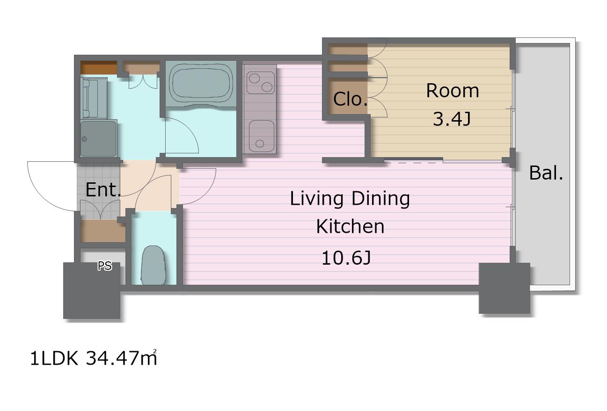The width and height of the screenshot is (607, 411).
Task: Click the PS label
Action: coord(105,266)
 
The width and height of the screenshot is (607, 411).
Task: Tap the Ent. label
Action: coord(103,190)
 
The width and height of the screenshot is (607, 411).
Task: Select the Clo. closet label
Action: coord(350,99)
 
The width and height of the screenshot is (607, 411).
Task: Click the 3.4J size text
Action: coord(452,119)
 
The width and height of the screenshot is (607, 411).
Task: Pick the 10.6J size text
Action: coord(346,258)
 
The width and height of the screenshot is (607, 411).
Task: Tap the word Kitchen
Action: coord(350,226)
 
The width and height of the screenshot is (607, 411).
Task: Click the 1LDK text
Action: coord(54,358)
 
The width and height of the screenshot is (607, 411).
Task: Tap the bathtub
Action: coord(201,84)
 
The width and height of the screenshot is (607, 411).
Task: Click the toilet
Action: coord(153,265)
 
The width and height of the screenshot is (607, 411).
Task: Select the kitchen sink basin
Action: coord(260,136)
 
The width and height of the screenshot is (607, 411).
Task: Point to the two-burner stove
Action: coord(260,83)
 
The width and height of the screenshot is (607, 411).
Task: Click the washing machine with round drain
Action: coord(99,138)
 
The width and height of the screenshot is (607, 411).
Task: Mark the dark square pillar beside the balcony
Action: coord(505,288)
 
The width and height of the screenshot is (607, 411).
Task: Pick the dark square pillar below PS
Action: coord(92,290)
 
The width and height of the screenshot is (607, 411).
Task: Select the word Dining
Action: coord(380,199)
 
